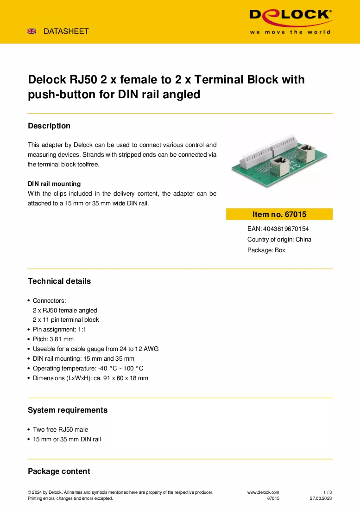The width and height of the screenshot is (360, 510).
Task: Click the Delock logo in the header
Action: (x=291, y=21)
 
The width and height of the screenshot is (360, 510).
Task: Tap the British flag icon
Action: (x=32, y=31)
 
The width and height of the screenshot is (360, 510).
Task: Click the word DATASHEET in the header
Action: (x=66, y=31)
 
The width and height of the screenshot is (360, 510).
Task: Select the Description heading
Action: (x=49, y=126)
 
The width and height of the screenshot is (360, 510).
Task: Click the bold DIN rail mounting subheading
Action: (x=54, y=184)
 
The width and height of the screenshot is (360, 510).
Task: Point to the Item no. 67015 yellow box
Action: (x=279, y=214)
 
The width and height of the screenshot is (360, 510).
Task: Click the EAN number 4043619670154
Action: (x=286, y=229)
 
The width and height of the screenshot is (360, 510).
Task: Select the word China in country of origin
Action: (x=303, y=239)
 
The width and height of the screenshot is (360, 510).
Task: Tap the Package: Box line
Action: (x=266, y=250)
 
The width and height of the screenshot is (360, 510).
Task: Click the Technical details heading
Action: (x=59, y=281)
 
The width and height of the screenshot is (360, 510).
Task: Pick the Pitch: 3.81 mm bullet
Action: (x=53, y=339)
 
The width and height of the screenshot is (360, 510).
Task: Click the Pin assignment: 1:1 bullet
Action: (x=59, y=329)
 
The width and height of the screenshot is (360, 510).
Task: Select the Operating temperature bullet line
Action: (x=88, y=368)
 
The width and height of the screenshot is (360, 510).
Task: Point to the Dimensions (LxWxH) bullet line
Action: (x=91, y=378)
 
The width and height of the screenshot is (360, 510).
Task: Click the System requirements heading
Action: (x=68, y=410)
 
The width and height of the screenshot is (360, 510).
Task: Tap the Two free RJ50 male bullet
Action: (x=60, y=429)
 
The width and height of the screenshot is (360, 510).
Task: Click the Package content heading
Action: (x=59, y=471)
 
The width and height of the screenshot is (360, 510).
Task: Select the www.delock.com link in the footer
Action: (x=263, y=492)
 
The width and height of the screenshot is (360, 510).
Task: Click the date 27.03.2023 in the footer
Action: (x=321, y=498)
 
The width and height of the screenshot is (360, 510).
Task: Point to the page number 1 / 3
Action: (x=328, y=492)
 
